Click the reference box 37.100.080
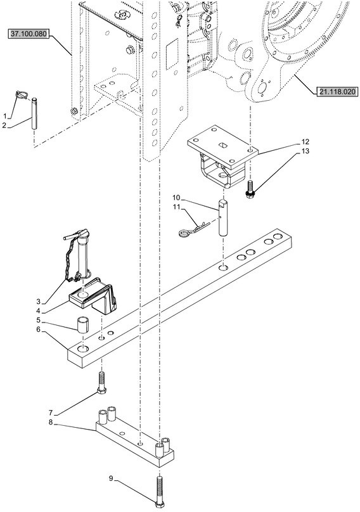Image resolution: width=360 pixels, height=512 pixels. [29, 34]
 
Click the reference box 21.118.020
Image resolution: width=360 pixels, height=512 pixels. [337, 92]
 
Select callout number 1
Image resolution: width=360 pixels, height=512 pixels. [5, 116]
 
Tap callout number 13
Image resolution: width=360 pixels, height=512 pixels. [305, 151]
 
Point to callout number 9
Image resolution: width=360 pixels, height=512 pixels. [111, 478]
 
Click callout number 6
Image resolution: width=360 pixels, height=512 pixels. [38, 330]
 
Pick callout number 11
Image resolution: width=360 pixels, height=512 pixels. [176, 207]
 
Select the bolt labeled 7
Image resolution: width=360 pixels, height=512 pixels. [101, 383]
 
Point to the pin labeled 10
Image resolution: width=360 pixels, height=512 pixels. [222, 217]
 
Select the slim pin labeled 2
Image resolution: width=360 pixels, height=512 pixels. [34, 113]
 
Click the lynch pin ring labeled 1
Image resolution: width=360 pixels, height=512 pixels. [22, 95]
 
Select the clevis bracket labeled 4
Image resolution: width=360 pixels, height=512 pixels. [93, 295]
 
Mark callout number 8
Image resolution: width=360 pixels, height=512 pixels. [50, 422]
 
